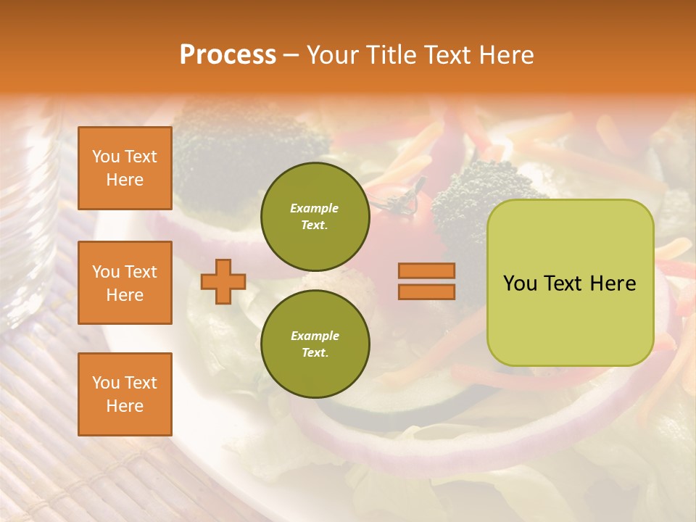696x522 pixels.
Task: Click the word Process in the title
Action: point(228,54)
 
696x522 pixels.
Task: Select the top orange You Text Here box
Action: point(125,168)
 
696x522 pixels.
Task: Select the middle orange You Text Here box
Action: point(125,283)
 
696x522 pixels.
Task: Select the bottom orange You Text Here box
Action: point(125,394)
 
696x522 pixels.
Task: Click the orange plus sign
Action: point(223,281)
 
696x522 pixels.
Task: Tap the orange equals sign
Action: point(426,281)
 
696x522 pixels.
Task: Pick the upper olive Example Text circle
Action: point(315,216)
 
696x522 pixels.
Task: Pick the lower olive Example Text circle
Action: point(315,344)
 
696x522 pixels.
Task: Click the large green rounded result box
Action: point(570,283)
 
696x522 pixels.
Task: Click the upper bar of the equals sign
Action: point(426,271)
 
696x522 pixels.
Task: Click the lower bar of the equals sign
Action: point(426,291)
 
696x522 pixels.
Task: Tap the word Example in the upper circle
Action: point(314,208)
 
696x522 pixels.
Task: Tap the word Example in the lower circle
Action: point(315,336)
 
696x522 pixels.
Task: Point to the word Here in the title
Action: point(506,54)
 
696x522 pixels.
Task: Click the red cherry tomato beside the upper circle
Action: point(395,210)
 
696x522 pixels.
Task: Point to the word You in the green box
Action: point(520,283)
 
